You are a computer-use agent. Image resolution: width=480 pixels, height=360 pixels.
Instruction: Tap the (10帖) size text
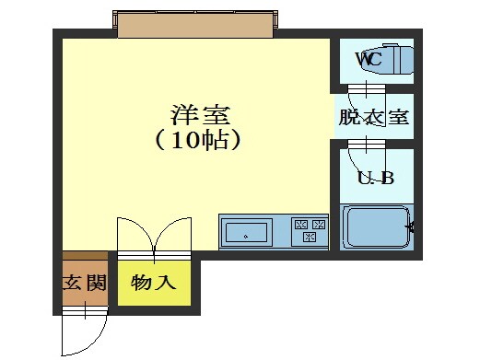point(198,141)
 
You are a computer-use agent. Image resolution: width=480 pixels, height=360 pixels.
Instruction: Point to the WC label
point(369,58)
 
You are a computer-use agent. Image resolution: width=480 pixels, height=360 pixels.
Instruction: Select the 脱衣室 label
point(373,118)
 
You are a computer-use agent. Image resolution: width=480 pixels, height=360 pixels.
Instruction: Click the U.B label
point(375,178)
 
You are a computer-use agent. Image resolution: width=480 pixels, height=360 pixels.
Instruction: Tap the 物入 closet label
point(154,283)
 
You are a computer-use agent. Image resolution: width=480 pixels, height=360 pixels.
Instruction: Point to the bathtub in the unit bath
point(376,227)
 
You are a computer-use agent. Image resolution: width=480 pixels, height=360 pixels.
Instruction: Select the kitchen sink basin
point(247,231)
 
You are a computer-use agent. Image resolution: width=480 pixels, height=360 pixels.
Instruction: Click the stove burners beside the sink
point(310,230)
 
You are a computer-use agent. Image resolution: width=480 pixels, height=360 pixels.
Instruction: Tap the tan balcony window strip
point(196,24)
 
